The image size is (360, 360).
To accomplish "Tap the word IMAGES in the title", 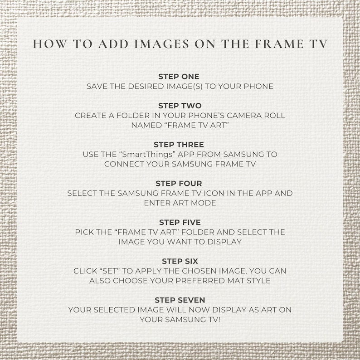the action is click(161, 44).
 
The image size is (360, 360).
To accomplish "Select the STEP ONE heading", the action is click(179, 77).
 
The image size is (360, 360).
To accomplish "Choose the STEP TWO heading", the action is click(180, 106).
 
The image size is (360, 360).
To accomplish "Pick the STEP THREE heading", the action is click(179, 145).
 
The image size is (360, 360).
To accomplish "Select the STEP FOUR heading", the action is click(179, 184).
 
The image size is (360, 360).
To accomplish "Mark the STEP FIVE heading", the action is click(180, 223).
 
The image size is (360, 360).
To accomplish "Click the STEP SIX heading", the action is click(180, 261).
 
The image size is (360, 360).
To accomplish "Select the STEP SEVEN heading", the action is click(180, 300).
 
